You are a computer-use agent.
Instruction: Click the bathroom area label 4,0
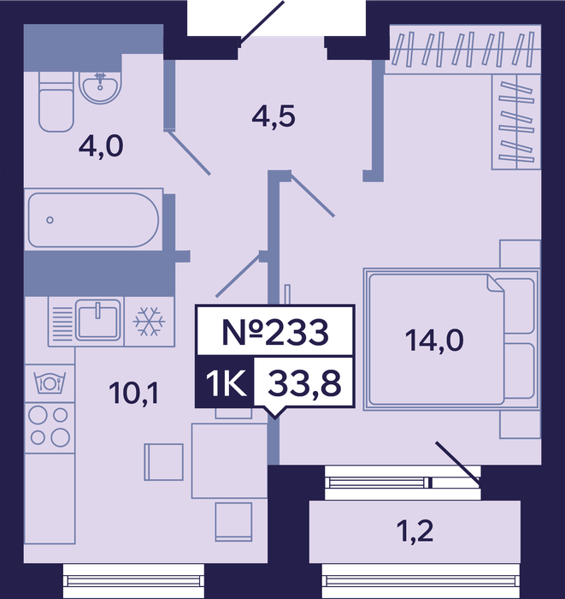coord(101,146)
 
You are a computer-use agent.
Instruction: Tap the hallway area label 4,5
coord(274,116)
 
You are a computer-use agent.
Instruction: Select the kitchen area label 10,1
coord(133,393)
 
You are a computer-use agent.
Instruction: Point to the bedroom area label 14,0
coord(434,341)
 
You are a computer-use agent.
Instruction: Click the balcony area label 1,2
coord(415,531)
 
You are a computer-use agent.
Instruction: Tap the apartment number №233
coord(274,332)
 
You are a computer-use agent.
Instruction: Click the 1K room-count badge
coord(225,383)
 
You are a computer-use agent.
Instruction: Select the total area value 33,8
coord(304,383)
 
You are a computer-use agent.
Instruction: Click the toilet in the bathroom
coord(56,102)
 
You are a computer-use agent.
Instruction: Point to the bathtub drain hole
coord(50,220)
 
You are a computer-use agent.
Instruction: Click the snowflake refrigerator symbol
coord(150,322)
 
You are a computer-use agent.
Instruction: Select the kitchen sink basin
coord(98,320)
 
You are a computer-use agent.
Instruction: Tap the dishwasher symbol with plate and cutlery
coord(50,383)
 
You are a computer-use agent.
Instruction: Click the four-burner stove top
coord(50,427)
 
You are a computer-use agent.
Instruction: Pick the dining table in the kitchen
coord(229,460)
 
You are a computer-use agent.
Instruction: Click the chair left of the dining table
coord(163,462)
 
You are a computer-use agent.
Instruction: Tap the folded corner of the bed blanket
coord(495,283)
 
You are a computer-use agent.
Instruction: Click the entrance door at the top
coord(262,24)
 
